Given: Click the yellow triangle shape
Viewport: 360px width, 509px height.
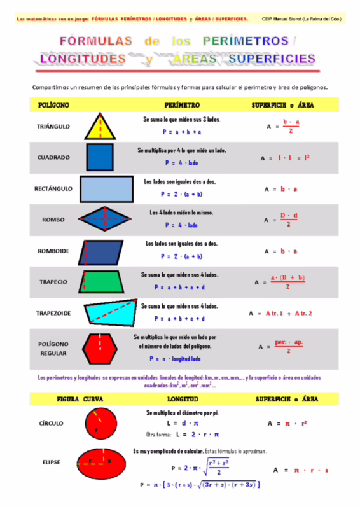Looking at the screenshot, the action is (x=100, y=128).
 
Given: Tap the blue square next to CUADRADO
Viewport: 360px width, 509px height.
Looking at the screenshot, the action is (x=100, y=157).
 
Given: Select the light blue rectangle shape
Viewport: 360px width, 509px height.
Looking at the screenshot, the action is (x=106, y=189).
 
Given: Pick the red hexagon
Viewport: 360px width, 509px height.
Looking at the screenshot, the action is (x=102, y=347).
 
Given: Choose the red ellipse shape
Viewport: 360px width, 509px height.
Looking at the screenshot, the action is (x=102, y=463).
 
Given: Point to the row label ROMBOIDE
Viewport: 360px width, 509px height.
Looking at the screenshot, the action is (x=54, y=251).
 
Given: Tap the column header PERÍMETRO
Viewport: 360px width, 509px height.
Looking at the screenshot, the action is (x=182, y=104).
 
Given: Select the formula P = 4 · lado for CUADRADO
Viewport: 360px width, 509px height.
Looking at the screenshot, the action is (x=182, y=163).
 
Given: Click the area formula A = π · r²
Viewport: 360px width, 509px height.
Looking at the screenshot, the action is (x=287, y=423).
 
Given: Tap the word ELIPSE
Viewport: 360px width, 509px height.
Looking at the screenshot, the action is (x=51, y=462).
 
